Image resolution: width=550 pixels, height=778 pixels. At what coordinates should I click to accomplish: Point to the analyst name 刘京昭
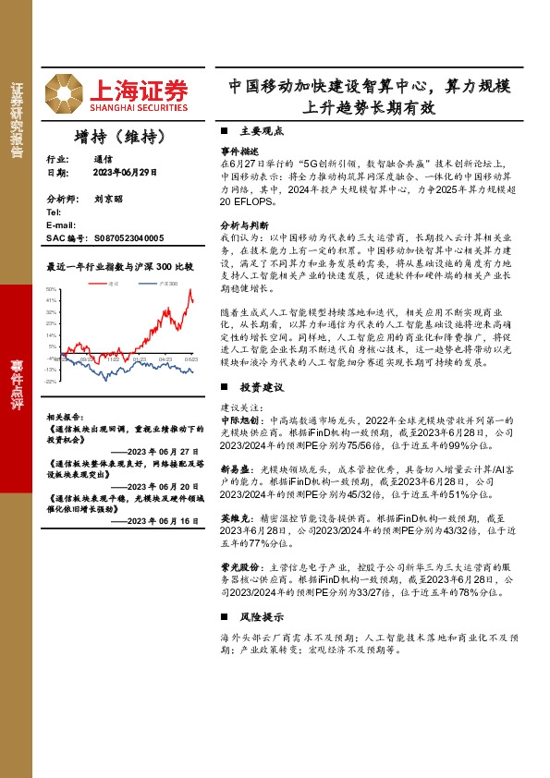point(107,199)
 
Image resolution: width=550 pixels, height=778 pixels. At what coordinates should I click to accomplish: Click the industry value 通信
point(103,159)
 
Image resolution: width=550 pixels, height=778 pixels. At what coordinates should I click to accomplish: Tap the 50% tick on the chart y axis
point(52,289)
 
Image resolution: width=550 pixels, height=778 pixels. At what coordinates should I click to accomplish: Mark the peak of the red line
point(190,290)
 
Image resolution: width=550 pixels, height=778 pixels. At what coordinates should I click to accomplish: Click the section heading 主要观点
point(254,131)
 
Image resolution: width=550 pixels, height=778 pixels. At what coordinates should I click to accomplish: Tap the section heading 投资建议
point(254,387)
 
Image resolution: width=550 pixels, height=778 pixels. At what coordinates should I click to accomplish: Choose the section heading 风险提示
point(254,616)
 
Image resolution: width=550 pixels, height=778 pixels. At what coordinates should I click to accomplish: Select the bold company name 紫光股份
point(238,565)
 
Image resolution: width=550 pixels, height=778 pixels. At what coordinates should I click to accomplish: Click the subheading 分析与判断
point(244,225)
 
